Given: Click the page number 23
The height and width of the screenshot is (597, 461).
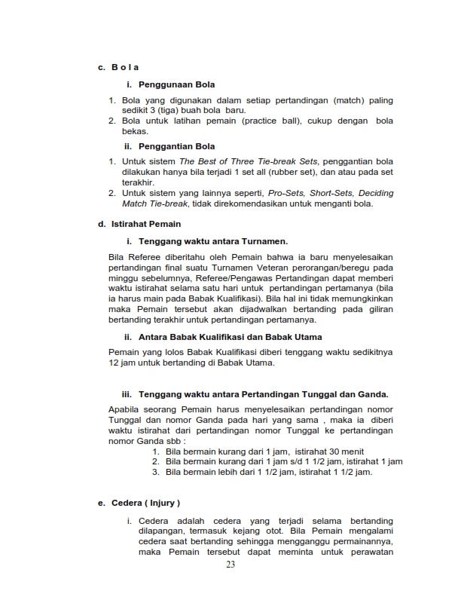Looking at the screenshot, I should point(230,565).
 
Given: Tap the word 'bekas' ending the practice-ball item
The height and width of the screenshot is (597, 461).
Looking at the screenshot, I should point(134,131).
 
